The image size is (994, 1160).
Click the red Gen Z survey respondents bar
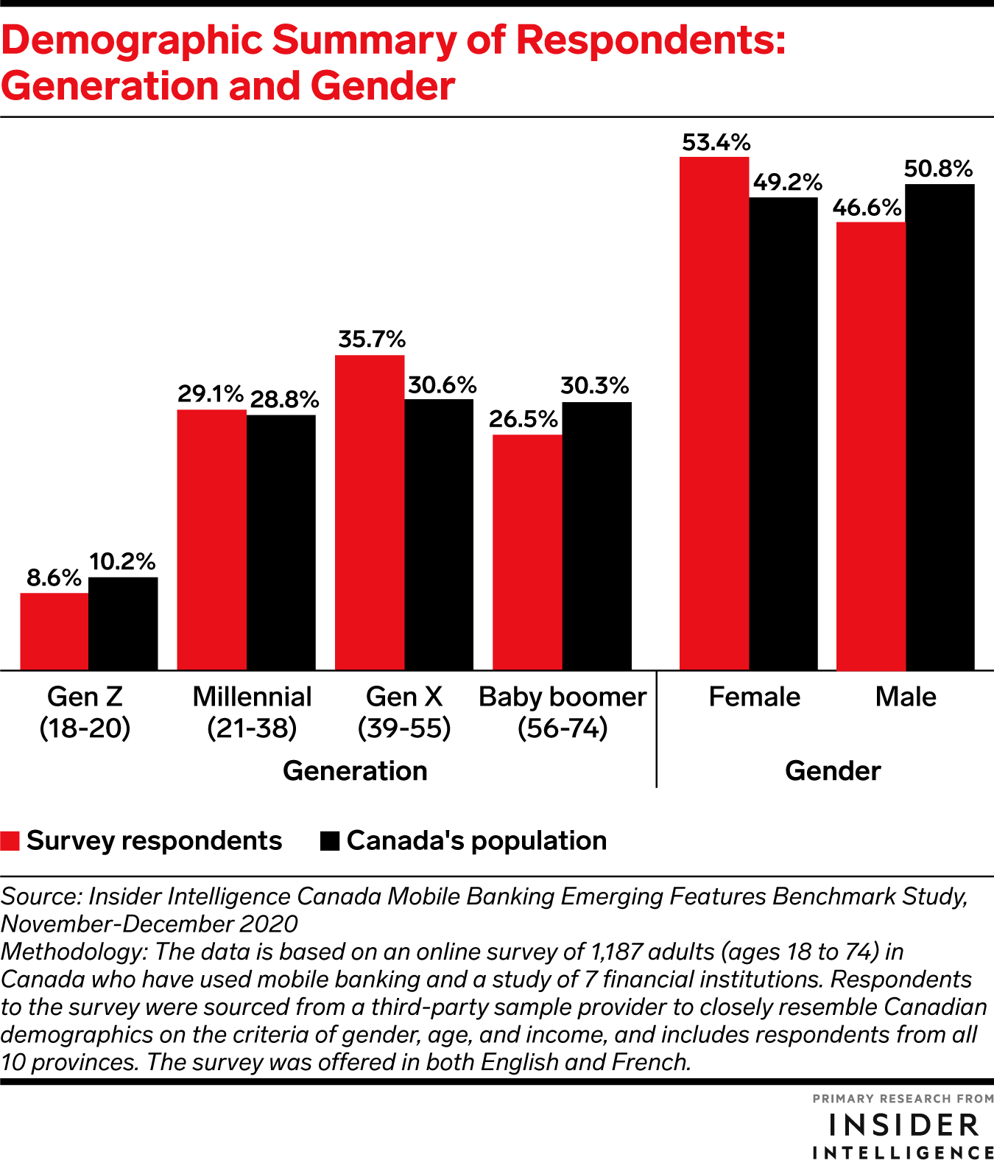(x=54, y=631)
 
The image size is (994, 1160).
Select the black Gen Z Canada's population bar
(x=123, y=623)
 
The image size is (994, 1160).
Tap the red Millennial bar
(x=212, y=539)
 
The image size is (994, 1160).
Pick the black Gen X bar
(x=439, y=534)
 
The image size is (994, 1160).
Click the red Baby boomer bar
(x=527, y=552)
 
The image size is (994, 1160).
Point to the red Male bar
(x=871, y=446)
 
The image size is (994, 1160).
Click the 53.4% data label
(x=716, y=142)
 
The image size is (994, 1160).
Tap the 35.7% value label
(x=372, y=340)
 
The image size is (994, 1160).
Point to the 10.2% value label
(x=122, y=562)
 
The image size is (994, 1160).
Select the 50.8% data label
(x=938, y=169)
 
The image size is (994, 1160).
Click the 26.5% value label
(x=524, y=419)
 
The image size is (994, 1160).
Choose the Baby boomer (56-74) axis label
(x=563, y=712)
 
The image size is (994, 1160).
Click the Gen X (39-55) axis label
(x=404, y=712)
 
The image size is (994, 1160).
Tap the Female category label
(x=754, y=697)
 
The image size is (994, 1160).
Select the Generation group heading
(x=355, y=771)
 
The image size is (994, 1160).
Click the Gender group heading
(x=833, y=771)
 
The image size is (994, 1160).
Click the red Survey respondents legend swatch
(x=10, y=841)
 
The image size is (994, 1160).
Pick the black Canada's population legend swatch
(x=330, y=841)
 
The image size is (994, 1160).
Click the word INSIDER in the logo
(x=904, y=1125)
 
